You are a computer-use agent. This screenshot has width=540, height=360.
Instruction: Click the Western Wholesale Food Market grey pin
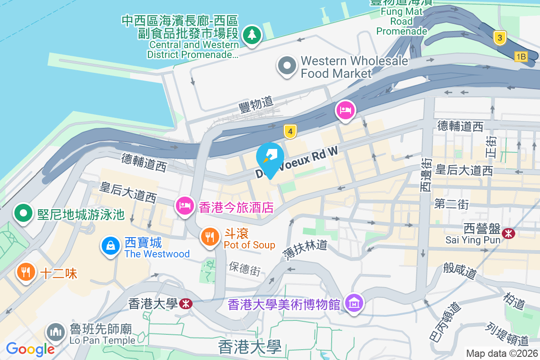click(x=287, y=66)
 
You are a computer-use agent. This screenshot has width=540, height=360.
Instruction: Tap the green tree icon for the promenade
click(x=252, y=35)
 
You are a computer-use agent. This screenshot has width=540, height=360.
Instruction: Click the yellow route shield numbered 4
click(x=291, y=131)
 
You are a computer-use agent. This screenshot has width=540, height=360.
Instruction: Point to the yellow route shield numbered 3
click(x=499, y=38)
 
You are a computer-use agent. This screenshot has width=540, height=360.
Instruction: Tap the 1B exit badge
click(x=521, y=56)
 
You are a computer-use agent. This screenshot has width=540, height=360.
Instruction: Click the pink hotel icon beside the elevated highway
click(x=345, y=110)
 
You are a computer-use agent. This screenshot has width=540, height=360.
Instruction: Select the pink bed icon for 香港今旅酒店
click(x=184, y=207)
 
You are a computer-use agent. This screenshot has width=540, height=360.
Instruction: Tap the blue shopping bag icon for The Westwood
click(x=110, y=246)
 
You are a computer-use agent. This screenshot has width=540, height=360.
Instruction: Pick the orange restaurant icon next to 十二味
click(x=26, y=272)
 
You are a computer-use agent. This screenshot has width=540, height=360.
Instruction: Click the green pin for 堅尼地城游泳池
click(x=23, y=213)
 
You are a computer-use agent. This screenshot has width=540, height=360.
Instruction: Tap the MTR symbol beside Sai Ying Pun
click(x=509, y=233)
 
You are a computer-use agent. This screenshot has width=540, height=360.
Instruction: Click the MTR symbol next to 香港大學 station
click(x=184, y=304)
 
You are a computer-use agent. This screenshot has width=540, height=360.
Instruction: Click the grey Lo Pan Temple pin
click(x=56, y=333)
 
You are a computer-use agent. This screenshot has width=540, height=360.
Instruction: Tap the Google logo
click(x=30, y=349)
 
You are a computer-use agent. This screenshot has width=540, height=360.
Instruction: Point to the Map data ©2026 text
click(x=501, y=353)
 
